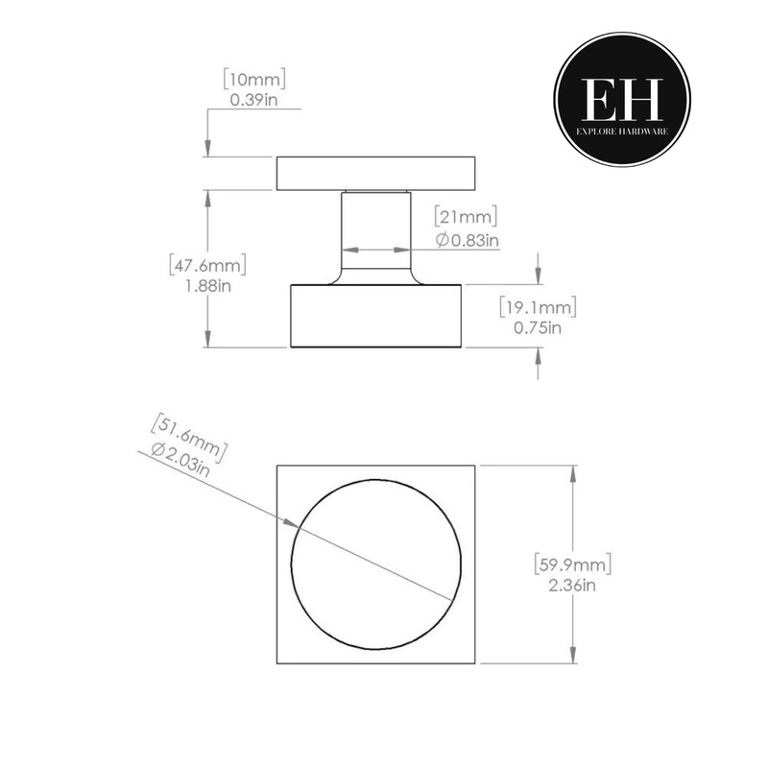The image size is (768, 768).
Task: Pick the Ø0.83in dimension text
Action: [467, 240]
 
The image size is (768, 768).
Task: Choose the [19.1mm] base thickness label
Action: [537, 307]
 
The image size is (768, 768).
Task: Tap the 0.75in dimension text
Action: [537, 327]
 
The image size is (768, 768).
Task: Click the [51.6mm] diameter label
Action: [188, 431]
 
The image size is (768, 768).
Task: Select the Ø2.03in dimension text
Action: [181, 455]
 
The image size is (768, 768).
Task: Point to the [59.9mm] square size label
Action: [573, 563]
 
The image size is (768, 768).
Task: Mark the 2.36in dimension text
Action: [573, 584]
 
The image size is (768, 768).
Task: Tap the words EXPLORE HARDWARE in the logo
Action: [622, 127]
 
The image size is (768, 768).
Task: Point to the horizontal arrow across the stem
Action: [375, 249]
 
